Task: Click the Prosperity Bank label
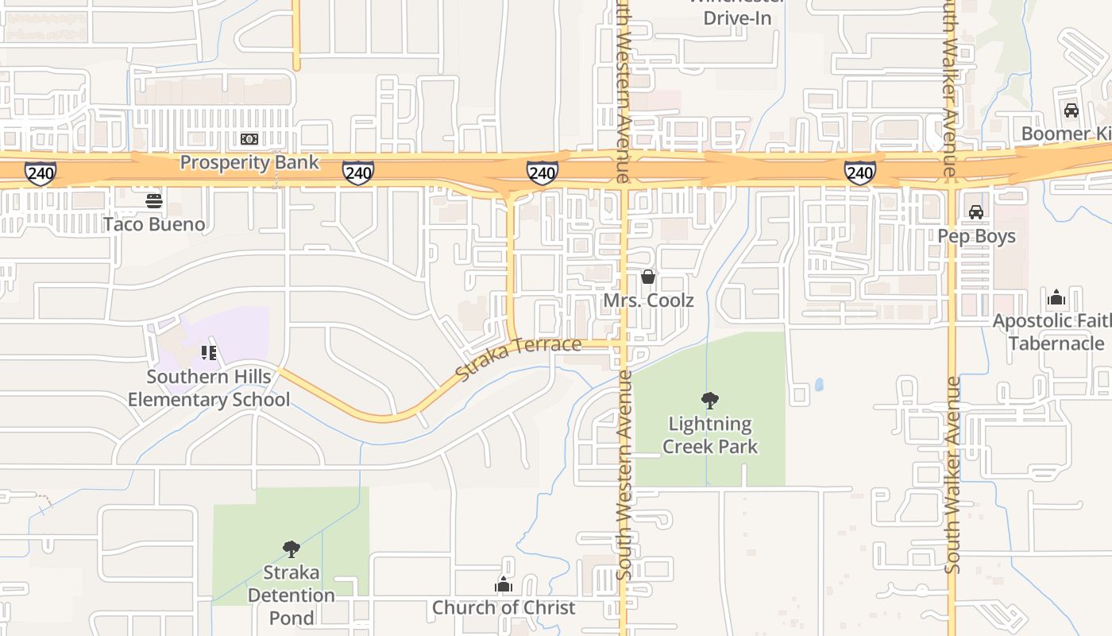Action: tap(249, 162)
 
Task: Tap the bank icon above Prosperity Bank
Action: tap(249, 139)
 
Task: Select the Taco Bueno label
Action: tap(154, 224)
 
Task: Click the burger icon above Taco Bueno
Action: tap(154, 200)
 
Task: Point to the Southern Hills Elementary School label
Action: tap(209, 388)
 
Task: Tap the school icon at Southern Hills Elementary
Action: tap(209, 352)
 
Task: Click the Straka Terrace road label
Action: tap(519, 358)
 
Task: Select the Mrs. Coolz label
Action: tap(648, 301)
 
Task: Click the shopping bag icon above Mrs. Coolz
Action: tap(648, 277)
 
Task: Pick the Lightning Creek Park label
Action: tap(710, 435)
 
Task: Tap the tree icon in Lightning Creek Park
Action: tap(710, 400)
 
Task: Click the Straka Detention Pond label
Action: tap(291, 595)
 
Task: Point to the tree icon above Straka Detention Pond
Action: tap(291, 549)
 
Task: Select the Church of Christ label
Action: tap(504, 607)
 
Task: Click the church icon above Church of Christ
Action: tap(504, 584)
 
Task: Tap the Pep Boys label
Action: tap(976, 236)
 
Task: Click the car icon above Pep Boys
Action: tap(976, 212)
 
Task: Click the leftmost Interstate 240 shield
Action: tap(40, 173)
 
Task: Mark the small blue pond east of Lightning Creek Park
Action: tap(819, 385)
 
